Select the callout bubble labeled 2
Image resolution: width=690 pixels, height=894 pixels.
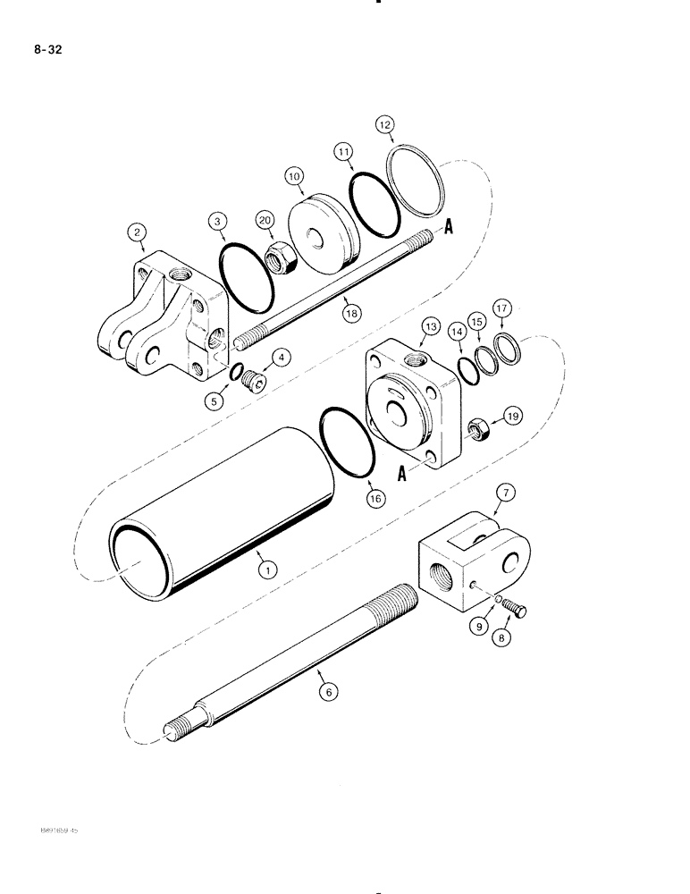click(x=137, y=234)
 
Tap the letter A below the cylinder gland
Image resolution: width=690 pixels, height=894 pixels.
click(x=401, y=476)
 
